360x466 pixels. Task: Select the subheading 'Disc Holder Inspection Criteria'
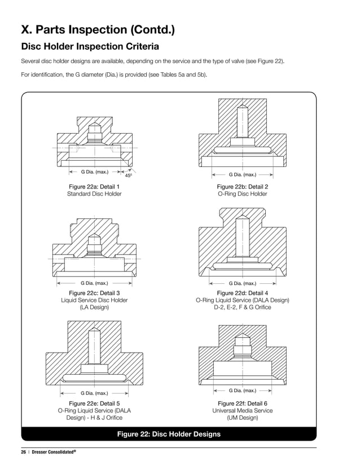pos(89,46)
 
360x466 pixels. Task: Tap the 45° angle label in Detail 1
pos(128,176)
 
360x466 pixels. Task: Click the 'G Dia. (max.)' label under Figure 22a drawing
pos(94,172)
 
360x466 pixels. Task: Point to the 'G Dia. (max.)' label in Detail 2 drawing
pos(242,175)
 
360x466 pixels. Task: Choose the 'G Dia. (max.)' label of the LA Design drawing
pos(94,283)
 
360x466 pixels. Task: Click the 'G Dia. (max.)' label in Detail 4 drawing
pos(242,283)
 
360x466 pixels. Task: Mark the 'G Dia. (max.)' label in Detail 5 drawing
pos(94,393)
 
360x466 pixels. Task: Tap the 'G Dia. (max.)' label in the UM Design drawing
pos(242,390)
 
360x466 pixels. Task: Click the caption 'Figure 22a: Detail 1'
pos(94,186)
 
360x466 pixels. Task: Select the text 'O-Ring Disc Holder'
pos(242,194)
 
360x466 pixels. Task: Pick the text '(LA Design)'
pos(94,307)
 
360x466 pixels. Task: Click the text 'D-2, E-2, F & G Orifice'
pos(242,307)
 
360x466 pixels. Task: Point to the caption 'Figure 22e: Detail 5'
pos(94,403)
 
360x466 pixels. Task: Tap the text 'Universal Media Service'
pos(242,411)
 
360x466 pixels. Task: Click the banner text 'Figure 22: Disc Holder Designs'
pos(168,434)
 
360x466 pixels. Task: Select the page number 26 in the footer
pos(24,451)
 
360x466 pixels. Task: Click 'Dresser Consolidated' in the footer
pos(54,451)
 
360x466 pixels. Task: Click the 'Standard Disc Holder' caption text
pos(94,194)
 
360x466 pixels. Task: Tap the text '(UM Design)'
pos(242,418)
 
